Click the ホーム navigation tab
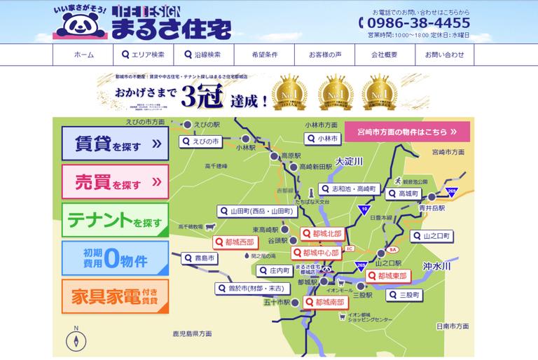83,55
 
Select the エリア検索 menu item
143,55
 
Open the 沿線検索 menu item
202,55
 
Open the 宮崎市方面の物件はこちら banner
407,131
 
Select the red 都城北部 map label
322,233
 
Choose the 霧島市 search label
200,258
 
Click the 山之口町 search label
429,237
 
